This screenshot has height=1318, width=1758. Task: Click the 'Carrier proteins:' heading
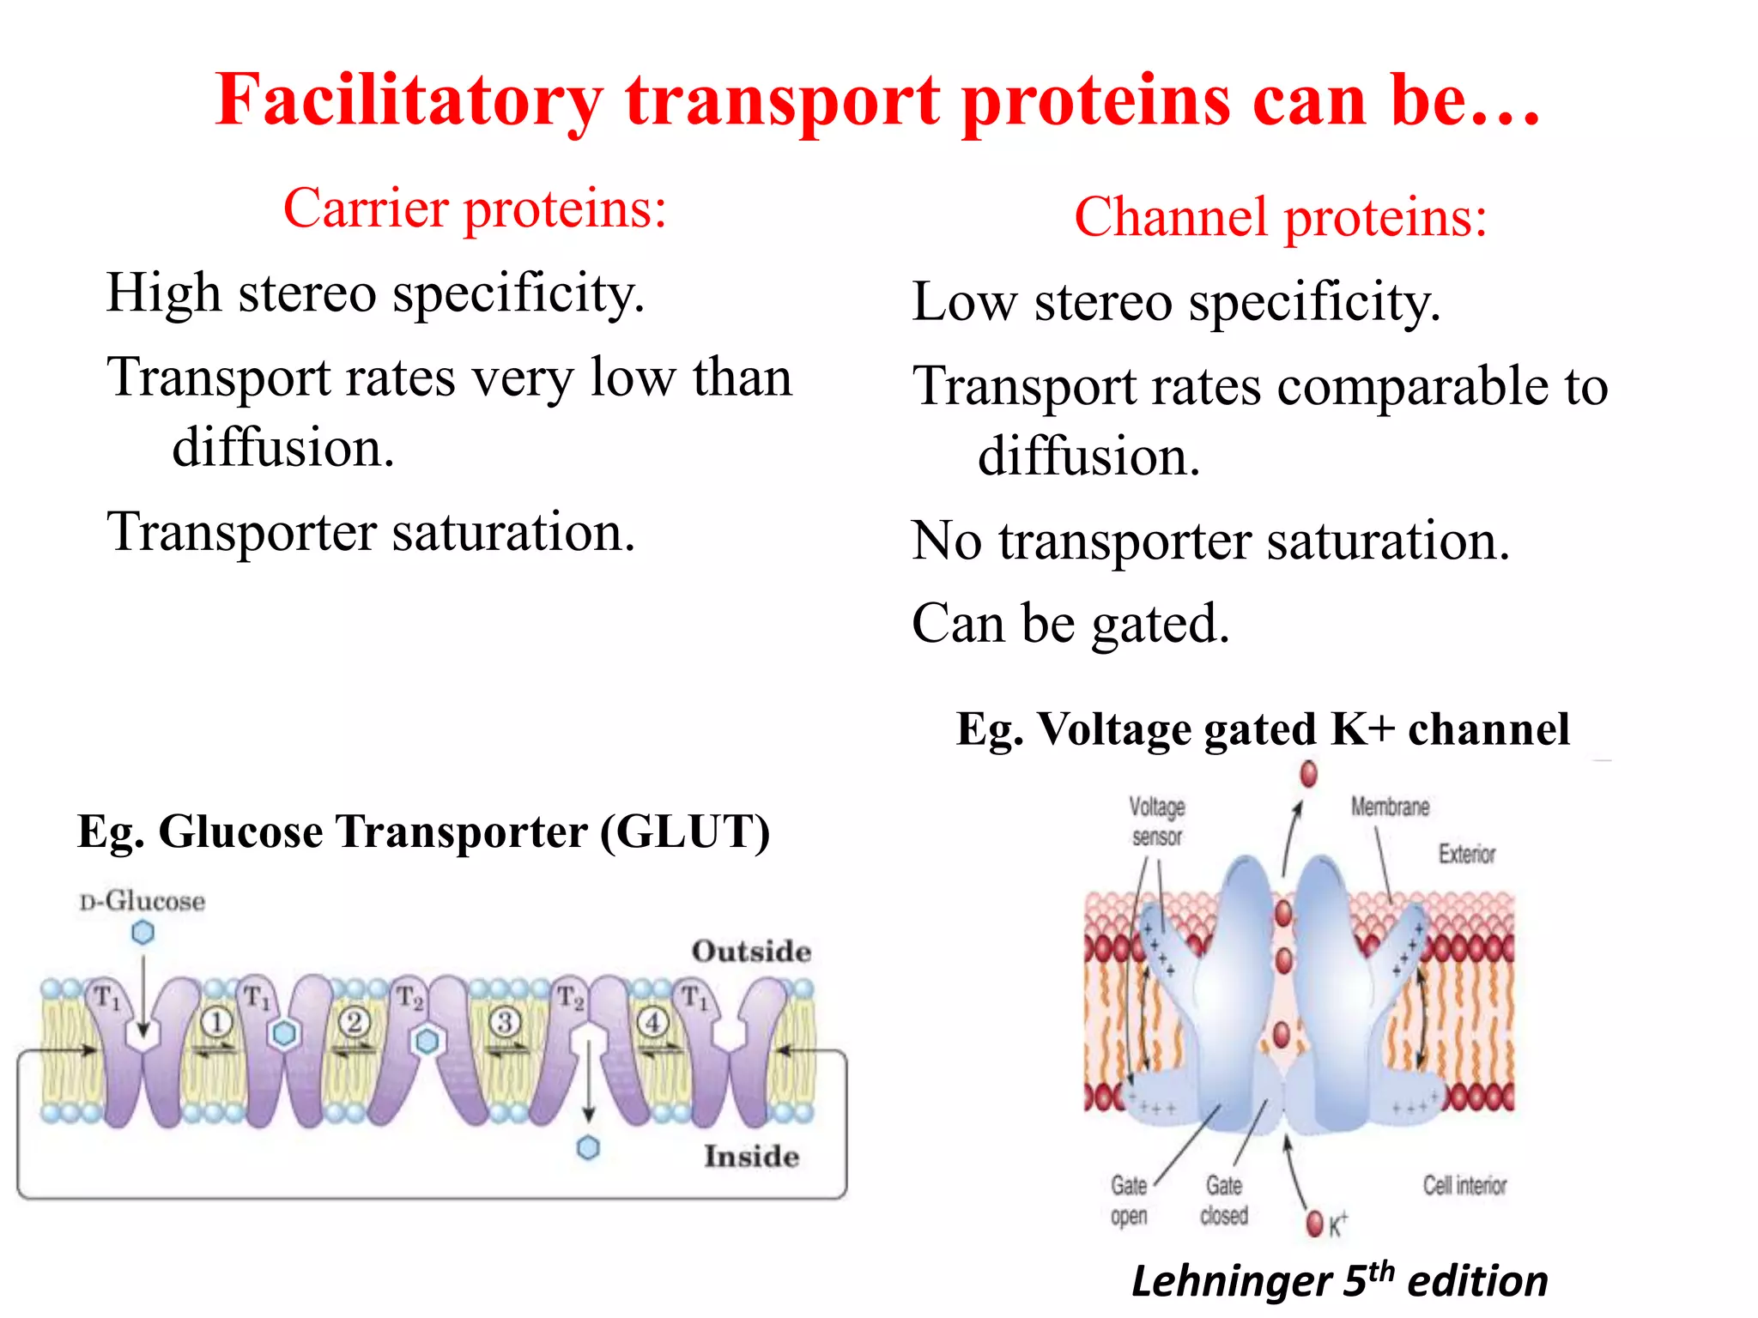(x=475, y=209)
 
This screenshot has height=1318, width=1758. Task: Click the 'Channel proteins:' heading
(x=1280, y=217)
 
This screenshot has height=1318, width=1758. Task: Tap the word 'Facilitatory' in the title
(x=409, y=100)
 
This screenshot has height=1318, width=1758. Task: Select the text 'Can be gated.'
(x=1070, y=624)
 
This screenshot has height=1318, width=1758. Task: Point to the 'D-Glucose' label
(x=142, y=901)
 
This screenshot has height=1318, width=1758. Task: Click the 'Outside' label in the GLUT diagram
(x=751, y=951)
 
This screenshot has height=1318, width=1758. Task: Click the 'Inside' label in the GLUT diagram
(x=751, y=1156)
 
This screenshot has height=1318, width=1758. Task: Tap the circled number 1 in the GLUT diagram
(x=216, y=1022)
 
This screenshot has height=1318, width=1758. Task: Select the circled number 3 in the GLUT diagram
(x=505, y=1022)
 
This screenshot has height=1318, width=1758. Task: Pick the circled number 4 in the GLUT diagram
(x=652, y=1022)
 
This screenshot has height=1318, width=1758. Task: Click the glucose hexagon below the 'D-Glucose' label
(x=143, y=932)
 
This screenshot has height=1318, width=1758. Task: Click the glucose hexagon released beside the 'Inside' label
(x=588, y=1147)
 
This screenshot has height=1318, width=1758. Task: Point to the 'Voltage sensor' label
(x=1156, y=821)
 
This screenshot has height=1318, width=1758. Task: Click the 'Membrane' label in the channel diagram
(x=1390, y=807)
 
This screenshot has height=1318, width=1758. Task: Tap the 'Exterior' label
(x=1467, y=854)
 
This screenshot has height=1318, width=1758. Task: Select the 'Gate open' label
(x=1129, y=1200)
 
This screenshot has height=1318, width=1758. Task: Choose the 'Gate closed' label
(x=1224, y=1200)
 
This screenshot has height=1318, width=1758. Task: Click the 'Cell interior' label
(x=1464, y=1185)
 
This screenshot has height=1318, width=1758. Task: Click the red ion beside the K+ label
(x=1314, y=1224)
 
